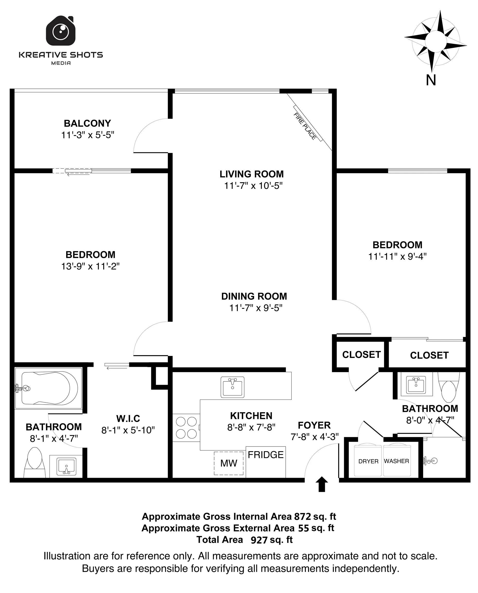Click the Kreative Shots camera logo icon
point(60,31)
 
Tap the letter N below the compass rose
point(431,80)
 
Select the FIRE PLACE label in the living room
point(305,126)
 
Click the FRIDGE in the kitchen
point(265,462)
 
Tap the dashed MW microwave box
point(229,463)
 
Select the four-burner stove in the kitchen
point(186,428)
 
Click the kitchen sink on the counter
point(232,387)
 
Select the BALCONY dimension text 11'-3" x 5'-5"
point(88,135)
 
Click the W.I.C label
point(128,418)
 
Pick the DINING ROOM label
point(254,296)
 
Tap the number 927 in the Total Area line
point(259,540)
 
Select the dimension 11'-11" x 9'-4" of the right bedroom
point(397,257)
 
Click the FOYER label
point(314,425)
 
